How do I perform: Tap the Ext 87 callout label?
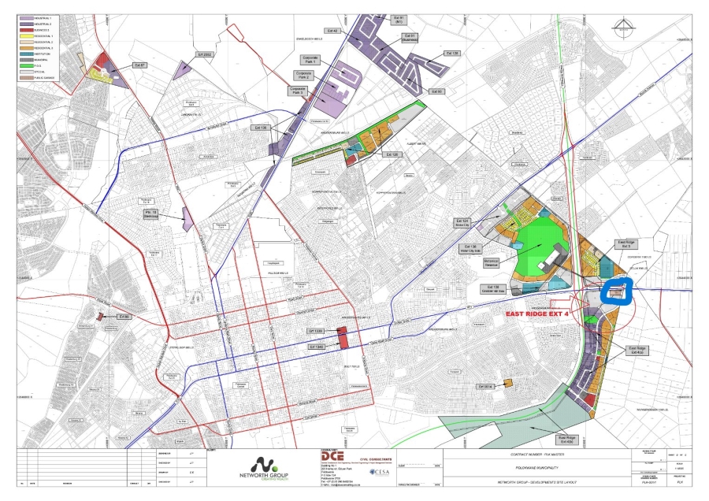[140, 65]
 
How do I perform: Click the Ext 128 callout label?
[452, 54]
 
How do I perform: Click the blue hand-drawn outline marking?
[617, 293]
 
